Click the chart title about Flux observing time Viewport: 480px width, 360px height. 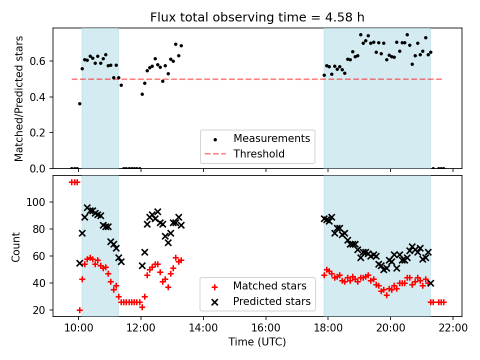pyautogui.click(x=257, y=17)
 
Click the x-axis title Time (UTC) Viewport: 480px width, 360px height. pyautogui.click(x=257, y=342)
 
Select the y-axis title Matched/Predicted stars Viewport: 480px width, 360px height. pyautogui.click(x=19, y=98)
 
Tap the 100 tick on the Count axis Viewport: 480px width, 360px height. pyautogui.click(x=38, y=202)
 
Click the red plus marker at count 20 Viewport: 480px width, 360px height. pyautogui.click(x=79, y=310)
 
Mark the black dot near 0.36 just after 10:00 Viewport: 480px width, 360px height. pyautogui.click(x=79, y=103)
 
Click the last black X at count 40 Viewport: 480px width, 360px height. pyautogui.click(x=430, y=283)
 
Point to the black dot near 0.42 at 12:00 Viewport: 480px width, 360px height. pyautogui.click(x=142, y=94)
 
